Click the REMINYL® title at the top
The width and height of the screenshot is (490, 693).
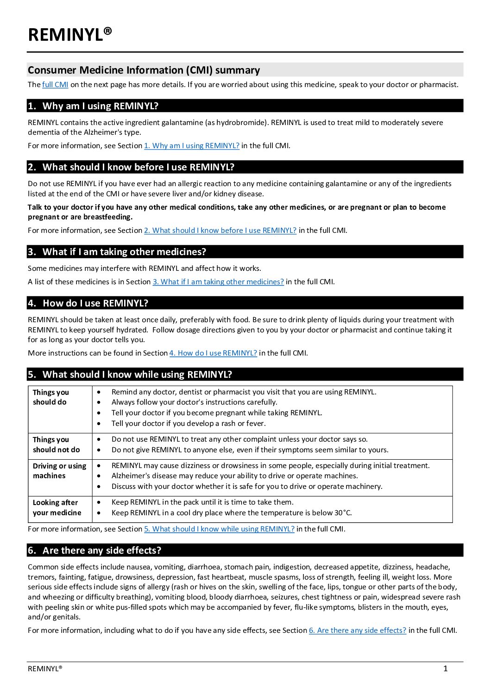70,35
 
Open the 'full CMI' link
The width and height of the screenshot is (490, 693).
55,84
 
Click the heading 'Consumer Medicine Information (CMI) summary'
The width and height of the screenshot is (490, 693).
144,70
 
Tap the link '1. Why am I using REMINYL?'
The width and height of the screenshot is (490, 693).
191,145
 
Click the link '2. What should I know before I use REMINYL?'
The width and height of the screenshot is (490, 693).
220,230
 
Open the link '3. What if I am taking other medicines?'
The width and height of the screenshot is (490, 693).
218,281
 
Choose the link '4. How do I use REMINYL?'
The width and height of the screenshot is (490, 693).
213,353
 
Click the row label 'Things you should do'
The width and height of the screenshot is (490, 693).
50,397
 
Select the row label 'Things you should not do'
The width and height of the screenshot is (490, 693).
56,444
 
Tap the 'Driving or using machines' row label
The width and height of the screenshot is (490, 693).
59,471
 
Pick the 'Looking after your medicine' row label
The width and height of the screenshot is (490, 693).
57,507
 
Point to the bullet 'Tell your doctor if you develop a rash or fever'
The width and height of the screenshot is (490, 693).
188,423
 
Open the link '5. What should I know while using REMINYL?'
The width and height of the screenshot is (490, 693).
219,529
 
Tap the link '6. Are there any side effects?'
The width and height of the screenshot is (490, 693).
358,630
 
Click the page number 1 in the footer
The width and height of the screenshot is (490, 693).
446,668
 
